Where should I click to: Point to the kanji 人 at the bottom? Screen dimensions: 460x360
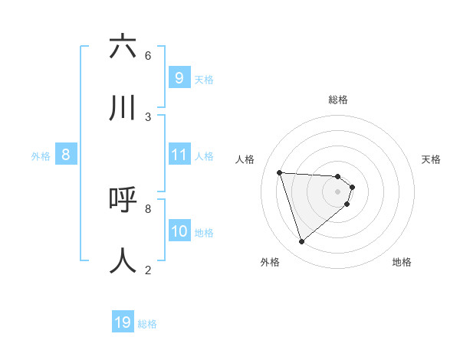point(123,260)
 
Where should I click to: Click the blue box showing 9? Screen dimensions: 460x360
point(179,78)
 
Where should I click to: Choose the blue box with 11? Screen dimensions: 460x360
point(179,155)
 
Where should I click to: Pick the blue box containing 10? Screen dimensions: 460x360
point(179,231)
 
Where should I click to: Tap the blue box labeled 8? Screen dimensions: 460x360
point(65,155)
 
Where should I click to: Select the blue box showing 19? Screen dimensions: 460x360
point(123,322)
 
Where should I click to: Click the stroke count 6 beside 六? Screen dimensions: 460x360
point(148,55)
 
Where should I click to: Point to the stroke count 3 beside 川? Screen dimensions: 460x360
point(148,116)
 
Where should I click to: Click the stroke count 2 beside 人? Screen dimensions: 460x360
point(148,270)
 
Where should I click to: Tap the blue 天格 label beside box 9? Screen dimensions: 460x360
point(204,79)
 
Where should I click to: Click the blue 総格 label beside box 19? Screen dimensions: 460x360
point(147,324)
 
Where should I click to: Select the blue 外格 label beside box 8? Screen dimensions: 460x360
point(41,156)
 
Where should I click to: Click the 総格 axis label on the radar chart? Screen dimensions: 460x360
point(338,100)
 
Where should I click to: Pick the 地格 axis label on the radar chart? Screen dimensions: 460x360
point(402,262)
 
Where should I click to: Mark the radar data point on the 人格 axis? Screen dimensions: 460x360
point(280,172)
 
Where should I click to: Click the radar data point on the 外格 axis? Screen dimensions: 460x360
point(301,242)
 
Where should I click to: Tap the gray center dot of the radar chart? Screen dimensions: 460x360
point(338,191)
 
